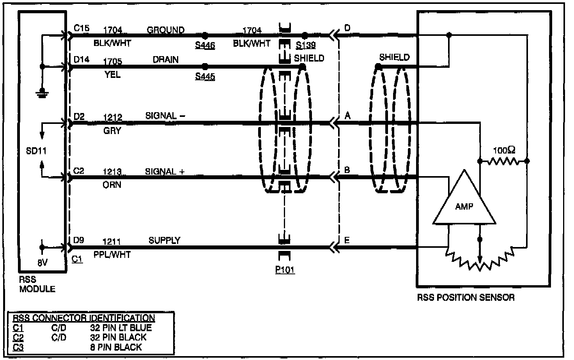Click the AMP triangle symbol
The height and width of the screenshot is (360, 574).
coord(464,203)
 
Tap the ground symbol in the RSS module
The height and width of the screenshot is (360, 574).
coord(42,93)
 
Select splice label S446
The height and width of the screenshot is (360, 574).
coord(205,46)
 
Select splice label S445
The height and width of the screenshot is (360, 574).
coord(205,76)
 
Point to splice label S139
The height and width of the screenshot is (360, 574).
coord(305,45)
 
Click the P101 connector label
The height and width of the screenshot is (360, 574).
coord(285,270)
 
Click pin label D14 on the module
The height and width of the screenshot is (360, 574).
coord(81,59)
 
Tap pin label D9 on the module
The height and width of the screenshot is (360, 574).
coord(79,240)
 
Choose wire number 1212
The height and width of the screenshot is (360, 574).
coord(112,117)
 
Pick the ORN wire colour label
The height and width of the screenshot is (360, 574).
coord(112,185)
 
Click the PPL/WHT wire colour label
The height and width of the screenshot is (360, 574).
coord(112,254)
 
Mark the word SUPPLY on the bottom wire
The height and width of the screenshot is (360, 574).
coord(164,240)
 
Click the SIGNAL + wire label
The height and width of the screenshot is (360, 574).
coord(165,171)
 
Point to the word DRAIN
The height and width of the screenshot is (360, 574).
coord(166,60)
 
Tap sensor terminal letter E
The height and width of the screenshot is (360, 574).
coord(347,240)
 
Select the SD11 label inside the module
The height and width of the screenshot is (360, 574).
coord(36,151)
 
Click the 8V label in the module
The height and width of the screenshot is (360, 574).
coord(43,263)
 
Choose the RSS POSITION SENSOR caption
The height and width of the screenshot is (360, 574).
coord(466,298)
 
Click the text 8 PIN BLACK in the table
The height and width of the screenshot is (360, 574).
coord(116,347)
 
